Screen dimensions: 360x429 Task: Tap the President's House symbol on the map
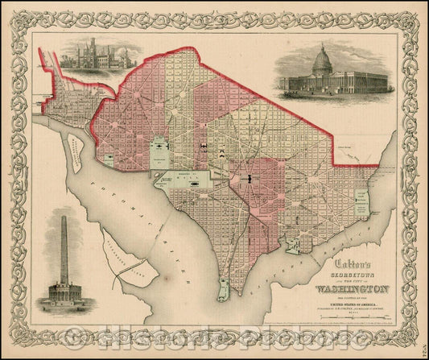[x=162, y=150]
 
